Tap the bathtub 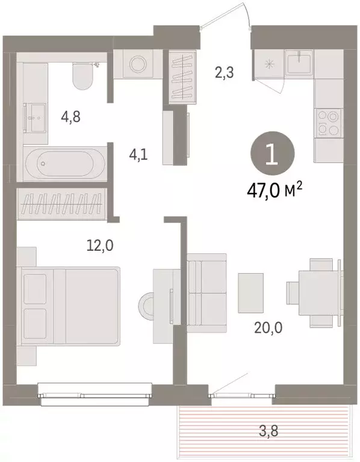point(64,163)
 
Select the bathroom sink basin point(36,117)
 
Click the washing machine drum point(138,63)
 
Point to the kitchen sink point(299,61)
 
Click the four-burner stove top point(328,123)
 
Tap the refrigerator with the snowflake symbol point(268,64)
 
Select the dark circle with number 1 point(272,153)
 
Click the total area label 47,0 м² point(274,191)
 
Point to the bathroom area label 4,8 point(71,117)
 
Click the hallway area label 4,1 point(138,155)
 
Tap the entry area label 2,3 point(225,72)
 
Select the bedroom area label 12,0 point(100,245)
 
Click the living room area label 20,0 point(268,328)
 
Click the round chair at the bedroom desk point(146,306)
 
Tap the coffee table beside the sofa point(250,293)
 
